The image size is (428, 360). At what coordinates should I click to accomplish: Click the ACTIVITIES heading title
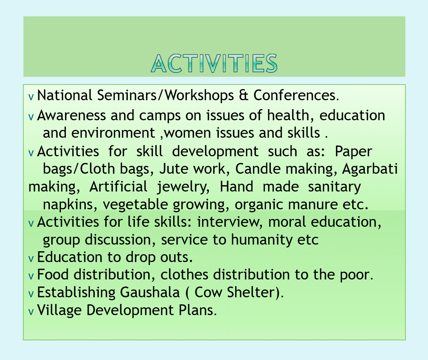[x=214, y=63]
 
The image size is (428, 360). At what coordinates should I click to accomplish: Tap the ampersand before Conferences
[x=243, y=95]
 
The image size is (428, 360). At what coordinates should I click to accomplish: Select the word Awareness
[x=71, y=115]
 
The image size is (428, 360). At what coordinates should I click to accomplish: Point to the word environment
[x=113, y=133]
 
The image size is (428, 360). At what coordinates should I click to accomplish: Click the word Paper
[x=353, y=152]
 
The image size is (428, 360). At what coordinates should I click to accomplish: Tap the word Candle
[x=258, y=168]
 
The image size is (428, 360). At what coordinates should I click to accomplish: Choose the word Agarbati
[x=370, y=169]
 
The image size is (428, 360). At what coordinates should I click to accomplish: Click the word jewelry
[x=183, y=187]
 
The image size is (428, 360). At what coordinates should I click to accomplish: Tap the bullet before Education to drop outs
[x=31, y=258]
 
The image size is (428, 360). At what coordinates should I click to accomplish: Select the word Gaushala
[x=150, y=292]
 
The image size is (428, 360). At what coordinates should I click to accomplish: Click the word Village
[x=59, y=310]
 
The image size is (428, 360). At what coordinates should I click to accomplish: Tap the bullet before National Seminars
[x=31, y=96]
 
